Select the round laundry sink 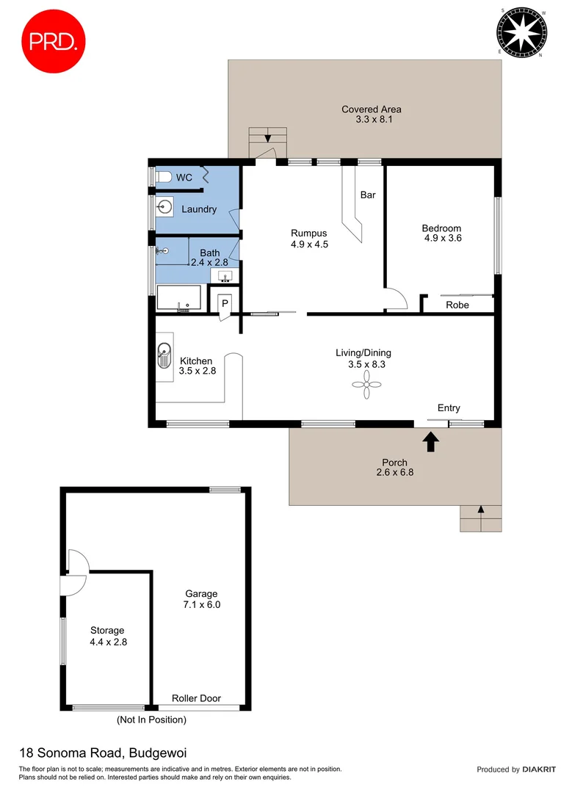pyautogui.click(x=164, y=208)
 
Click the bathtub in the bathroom pyautogui.click(x=178, y=299)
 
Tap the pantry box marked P pyautogui.click(x=225, y=303)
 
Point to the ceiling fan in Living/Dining pyautogui.click(x=367, y=385)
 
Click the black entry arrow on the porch pyautogui.click(x=430, y=441)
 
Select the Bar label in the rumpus pyautogui.click(x=368, y=195)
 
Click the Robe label pyautogui.click(x=457, y=305)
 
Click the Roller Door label pyautogui.click(x=196, y=698)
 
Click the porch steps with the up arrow pyautogui.click(x=481, y=518)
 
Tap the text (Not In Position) pyautogui.click(x=151, y=720)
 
